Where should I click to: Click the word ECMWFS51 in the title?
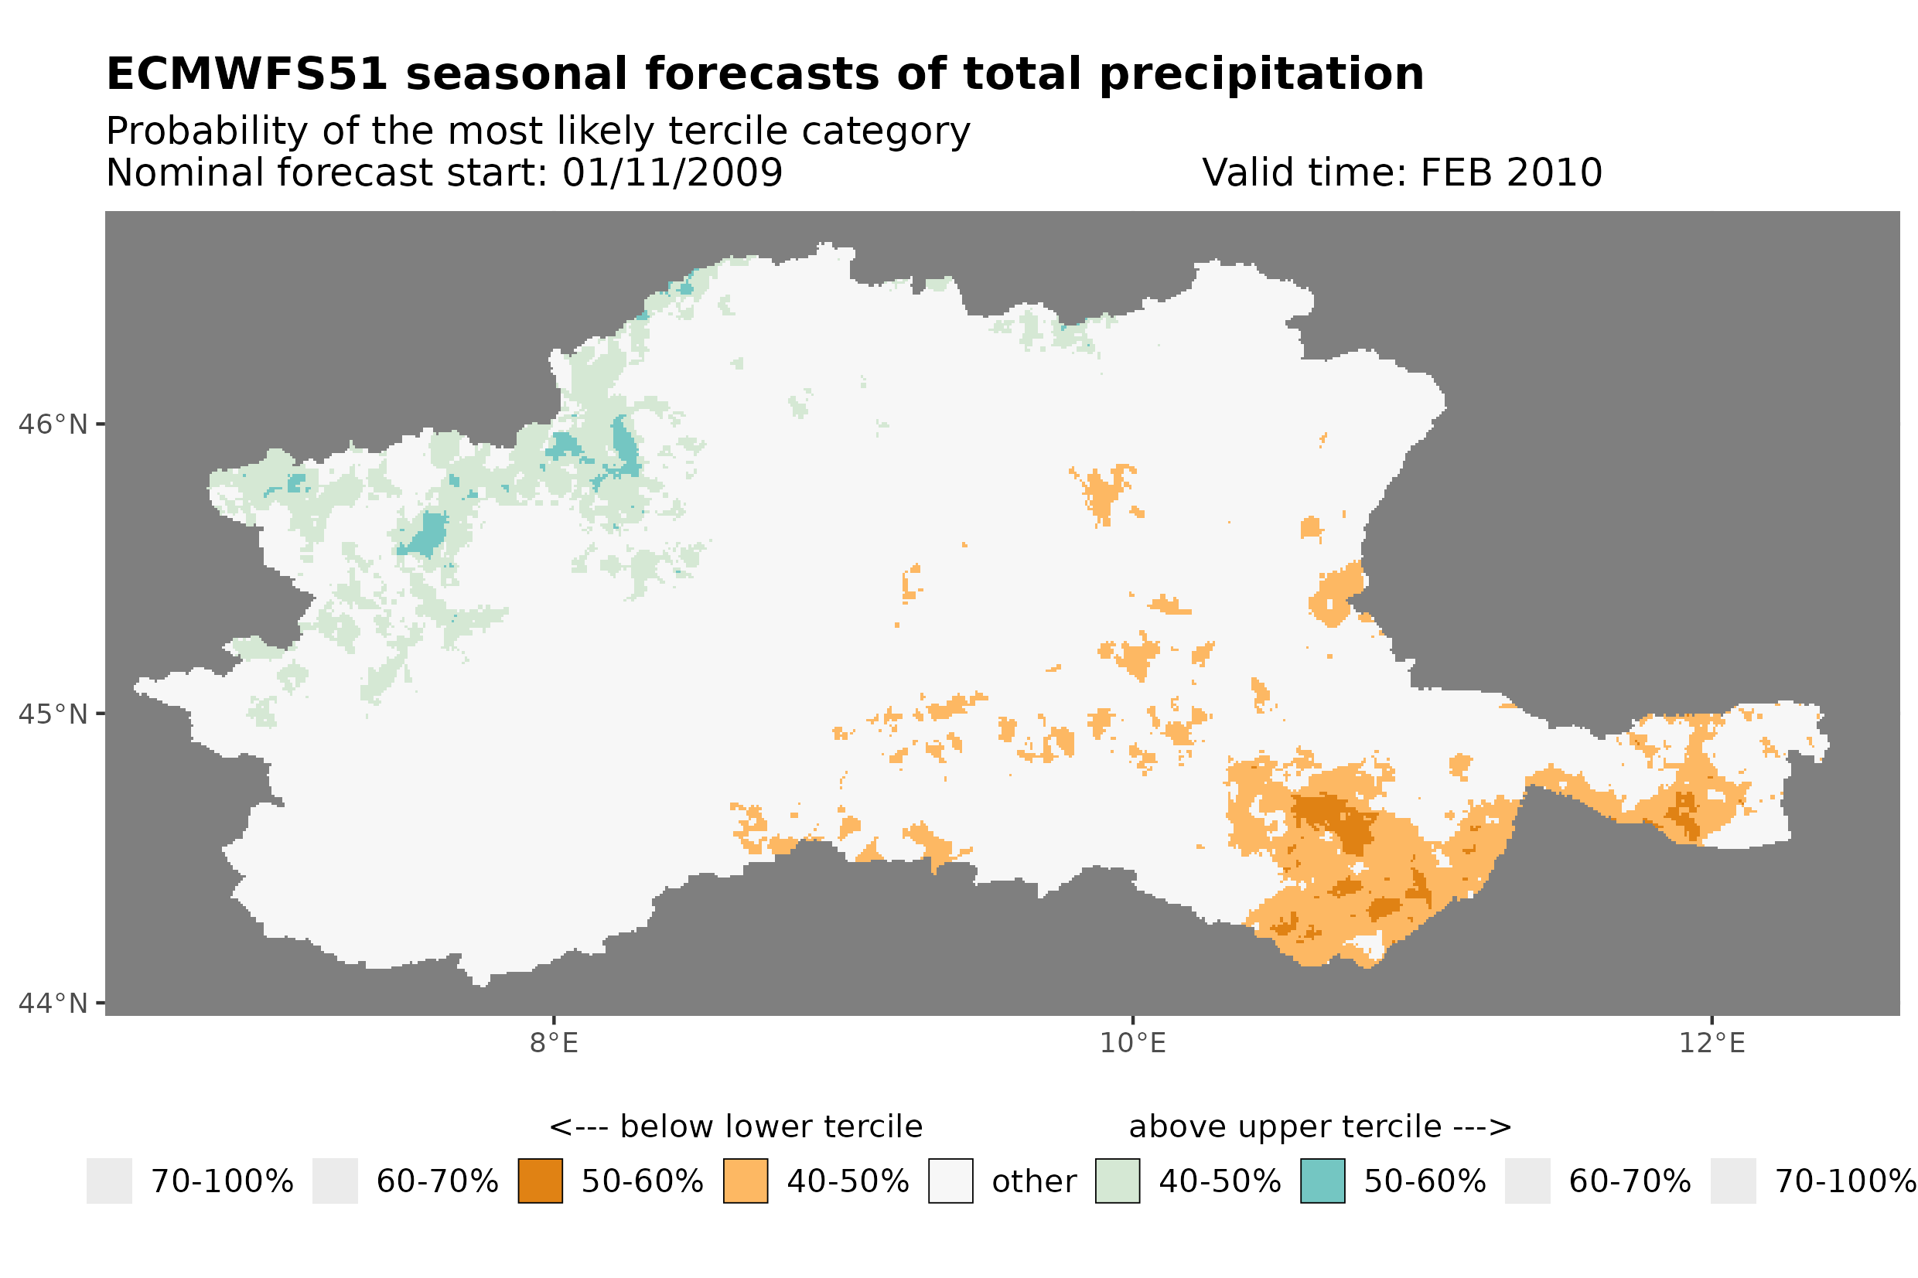246,74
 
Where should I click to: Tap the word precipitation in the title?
1260,74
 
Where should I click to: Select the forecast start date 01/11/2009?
671,172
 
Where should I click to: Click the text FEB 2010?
1510,172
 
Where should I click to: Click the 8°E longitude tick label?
554,1043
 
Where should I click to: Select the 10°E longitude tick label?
1132,1043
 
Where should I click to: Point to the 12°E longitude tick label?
1711,1043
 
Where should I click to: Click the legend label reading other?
1032,1181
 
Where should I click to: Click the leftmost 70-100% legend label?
222,1181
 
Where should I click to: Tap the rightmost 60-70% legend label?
1629,1181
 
